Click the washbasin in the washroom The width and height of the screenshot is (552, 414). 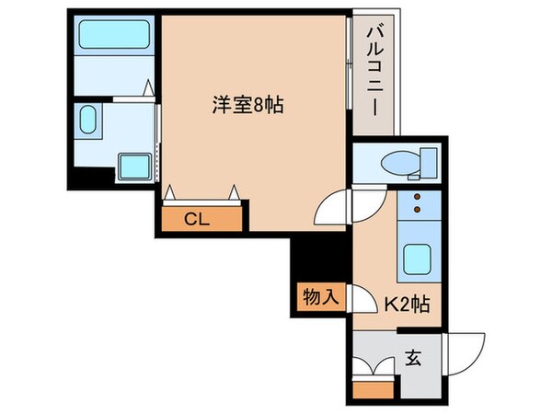point(89,121)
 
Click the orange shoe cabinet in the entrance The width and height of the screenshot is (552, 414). point(373,385)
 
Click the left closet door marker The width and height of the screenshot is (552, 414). point(171,192)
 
